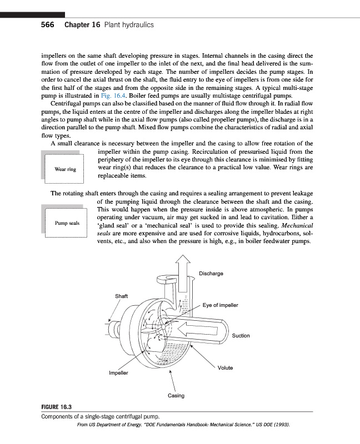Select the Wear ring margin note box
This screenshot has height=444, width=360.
pos(65,169)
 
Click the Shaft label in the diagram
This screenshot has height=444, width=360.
pos(121,296)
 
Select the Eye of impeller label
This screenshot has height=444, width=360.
pos(221,306)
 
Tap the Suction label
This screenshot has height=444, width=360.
pos(241,336)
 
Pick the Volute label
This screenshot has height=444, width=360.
pos(225,368)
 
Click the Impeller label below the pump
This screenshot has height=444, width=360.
pos(118,373)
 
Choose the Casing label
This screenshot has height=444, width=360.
pos(176,396)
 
